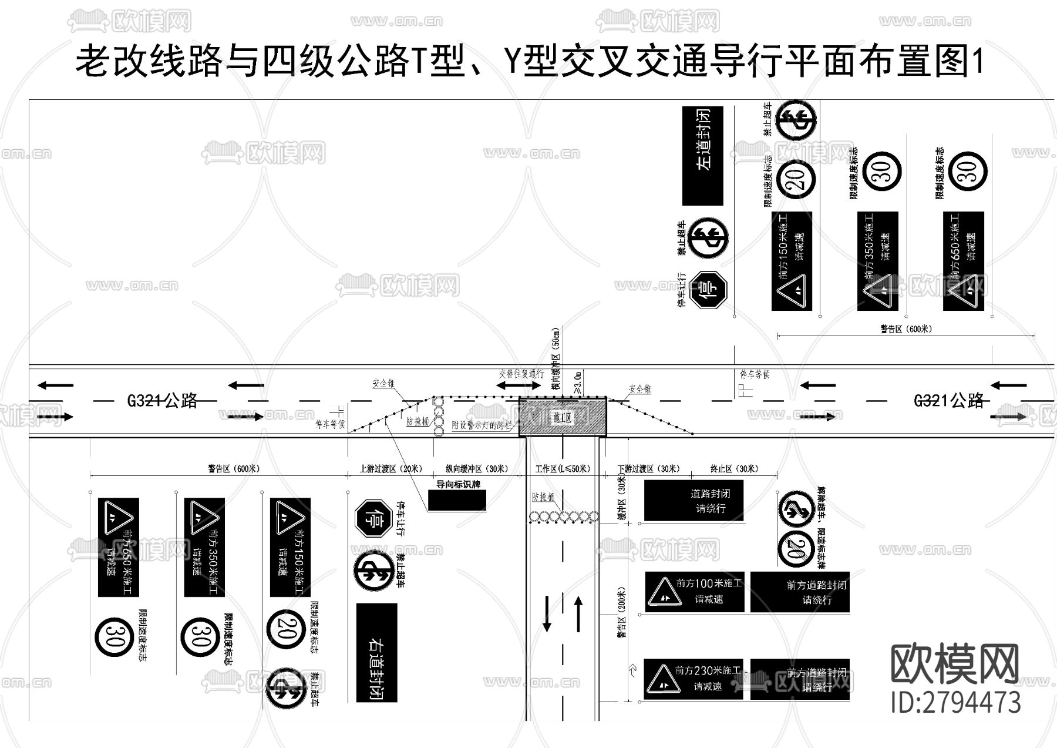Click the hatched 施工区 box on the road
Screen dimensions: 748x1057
(x=562, y=417)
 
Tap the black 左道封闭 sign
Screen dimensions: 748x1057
(x=702, y=155)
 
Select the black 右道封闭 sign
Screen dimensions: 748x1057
(x=376, y=653)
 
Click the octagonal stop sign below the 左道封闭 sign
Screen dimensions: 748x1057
(x=708, y=289)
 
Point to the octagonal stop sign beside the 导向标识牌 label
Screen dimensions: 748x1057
(x=373, y=518)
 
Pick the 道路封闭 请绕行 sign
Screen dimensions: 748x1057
(x=694, y=501)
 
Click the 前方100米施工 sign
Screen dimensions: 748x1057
(x=694, y=592)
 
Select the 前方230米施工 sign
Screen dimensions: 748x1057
(x=693, y=679)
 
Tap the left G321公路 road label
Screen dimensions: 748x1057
(x=162, y=401)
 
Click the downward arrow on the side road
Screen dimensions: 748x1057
(x=547, y=613)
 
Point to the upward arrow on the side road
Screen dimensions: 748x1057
(x=578, y=613)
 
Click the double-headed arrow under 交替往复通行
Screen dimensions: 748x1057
(x=519, y=385)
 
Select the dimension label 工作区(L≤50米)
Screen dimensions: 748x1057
(x=562, y=469)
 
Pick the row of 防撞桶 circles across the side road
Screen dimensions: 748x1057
(x=564, y=517)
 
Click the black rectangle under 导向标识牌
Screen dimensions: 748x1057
(x=456, y=501)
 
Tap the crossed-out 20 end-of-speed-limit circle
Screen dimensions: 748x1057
(x=796, y=549)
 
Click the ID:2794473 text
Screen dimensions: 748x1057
(x=955, y=702)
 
